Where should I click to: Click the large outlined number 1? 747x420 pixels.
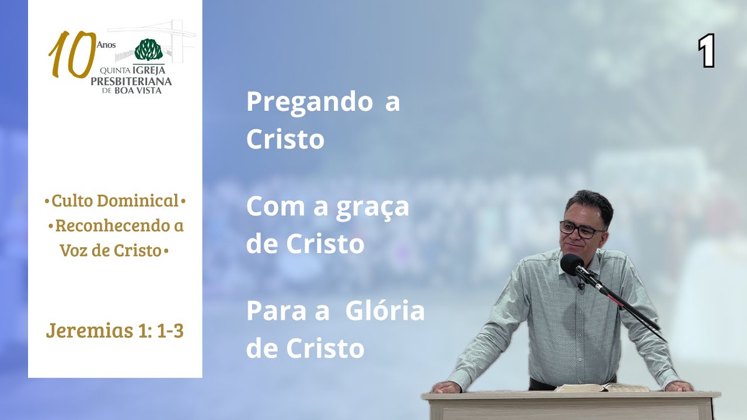706,51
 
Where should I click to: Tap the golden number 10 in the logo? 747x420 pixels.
72,55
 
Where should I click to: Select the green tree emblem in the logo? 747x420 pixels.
149,50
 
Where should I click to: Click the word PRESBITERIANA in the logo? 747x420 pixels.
131,82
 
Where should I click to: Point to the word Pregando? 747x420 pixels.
309,102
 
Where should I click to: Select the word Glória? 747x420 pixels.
385,311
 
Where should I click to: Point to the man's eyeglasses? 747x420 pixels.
581,229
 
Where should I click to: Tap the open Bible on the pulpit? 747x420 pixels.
601,387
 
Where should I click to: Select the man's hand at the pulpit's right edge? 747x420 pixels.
678,386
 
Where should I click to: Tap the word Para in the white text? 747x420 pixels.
272,311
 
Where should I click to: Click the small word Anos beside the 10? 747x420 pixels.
107,45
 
